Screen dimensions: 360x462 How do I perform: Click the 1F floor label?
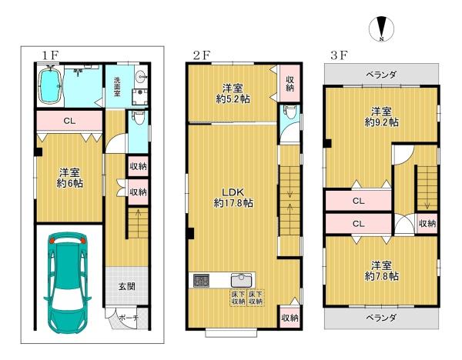click(50, 55)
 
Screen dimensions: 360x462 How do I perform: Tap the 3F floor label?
click(339, 55)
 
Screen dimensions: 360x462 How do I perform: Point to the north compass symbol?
click(382, 28)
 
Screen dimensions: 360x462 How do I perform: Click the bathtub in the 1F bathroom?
click(53, 86)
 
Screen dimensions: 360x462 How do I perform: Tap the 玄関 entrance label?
click(126, 287)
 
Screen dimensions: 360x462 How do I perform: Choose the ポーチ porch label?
click(128, 318)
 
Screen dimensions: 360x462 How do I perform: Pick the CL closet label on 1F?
click(69, 121)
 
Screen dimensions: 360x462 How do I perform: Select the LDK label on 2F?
click(233, 192)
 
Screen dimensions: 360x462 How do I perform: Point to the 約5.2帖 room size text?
click(233, 99)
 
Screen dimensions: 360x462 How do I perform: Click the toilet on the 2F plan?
click(289, 112)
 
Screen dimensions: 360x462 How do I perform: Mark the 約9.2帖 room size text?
click(381, 122)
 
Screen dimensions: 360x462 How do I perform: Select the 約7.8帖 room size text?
click(380, 275)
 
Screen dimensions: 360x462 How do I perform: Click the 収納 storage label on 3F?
click(428, 223)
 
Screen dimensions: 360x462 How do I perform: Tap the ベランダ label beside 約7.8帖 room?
click(380, 317)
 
